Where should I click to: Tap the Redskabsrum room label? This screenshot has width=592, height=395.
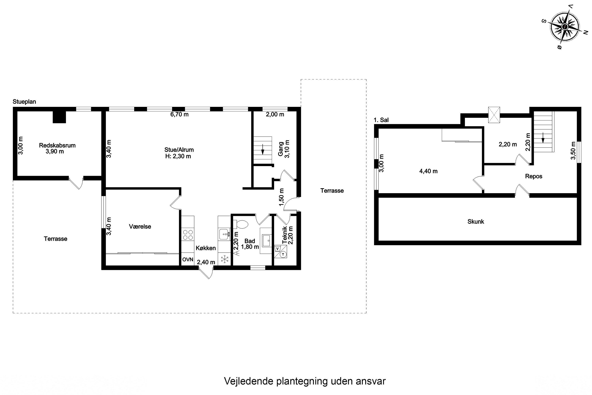tap(57, 145)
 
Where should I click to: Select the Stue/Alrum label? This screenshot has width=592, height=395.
tap(179, 150)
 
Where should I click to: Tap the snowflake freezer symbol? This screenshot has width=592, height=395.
tap(224, 260)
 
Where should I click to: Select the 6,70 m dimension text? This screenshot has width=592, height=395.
tap(179, 114)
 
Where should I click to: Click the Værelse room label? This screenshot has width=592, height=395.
tap(140, 227)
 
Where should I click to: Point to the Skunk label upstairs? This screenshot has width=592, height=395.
tap(476, 221)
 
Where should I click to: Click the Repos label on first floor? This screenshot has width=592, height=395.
tap(534, 176)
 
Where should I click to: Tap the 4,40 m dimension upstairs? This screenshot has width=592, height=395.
tap(428, 171)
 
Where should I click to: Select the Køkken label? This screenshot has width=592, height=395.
tap(206, 248)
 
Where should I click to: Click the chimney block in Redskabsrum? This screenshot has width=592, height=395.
tap(59, 117)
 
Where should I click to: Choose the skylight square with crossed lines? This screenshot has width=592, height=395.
tap(494, 115)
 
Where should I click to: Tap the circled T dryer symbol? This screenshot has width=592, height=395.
tap(283, 254)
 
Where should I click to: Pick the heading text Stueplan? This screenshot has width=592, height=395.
tap(24, 102)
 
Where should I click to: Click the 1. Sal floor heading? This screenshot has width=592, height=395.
tap(381, 120)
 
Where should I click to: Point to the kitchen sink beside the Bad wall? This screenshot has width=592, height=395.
tap(224, 234)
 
